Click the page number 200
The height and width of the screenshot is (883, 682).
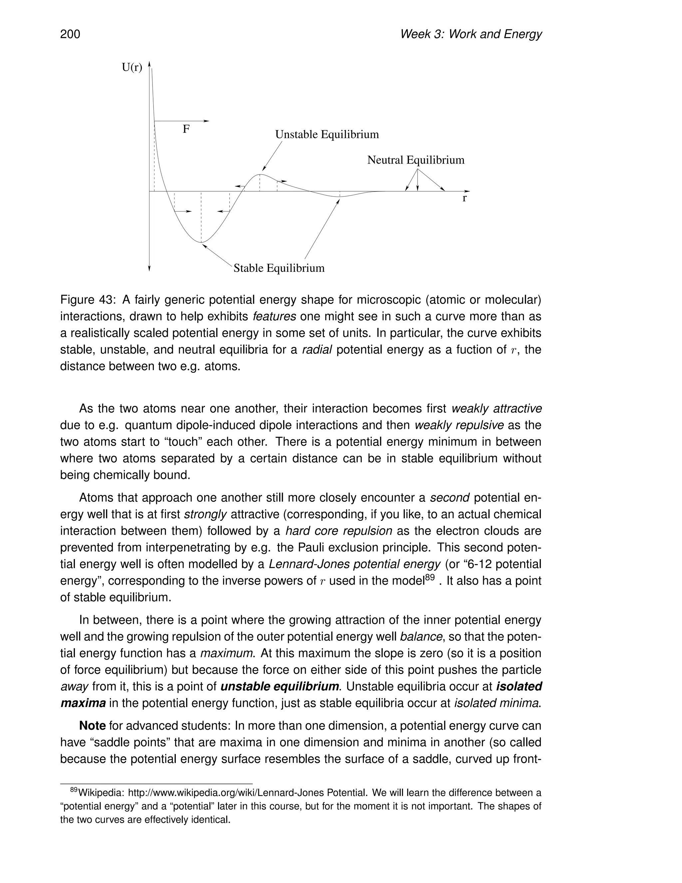[70, 34]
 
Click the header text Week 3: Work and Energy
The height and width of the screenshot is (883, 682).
[470, 34]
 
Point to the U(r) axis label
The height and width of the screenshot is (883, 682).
[132, 68]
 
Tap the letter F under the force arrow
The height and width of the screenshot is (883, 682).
[186, 129]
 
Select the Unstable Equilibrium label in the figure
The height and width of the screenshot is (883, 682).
[327, 135]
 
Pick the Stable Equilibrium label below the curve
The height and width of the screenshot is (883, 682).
[279, 268]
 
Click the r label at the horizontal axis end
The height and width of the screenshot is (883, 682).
[465, 199]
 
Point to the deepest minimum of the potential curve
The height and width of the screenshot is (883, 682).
[201, 242]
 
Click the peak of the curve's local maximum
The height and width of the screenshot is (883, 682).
[260, 175]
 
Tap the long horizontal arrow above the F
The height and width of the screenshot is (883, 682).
[182, 121]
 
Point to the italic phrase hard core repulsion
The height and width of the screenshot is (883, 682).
[339, 531]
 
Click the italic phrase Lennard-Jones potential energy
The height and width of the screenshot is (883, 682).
[354, 564]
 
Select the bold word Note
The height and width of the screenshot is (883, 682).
[93, 726]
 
